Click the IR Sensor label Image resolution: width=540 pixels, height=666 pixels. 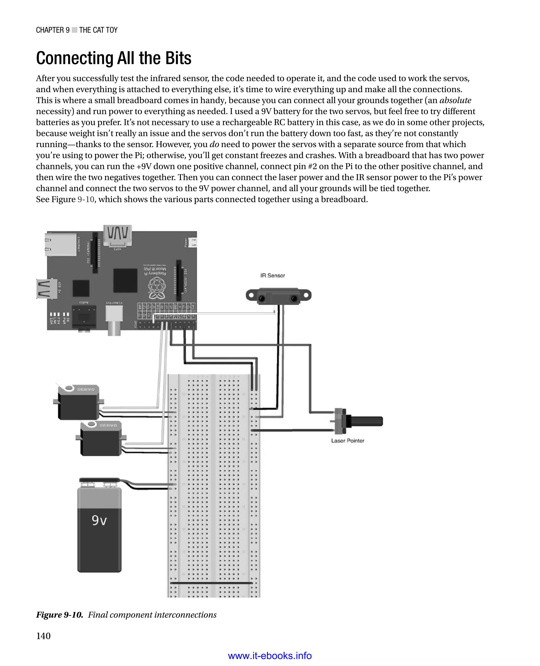[272, 276]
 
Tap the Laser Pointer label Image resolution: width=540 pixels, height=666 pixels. [348, 441]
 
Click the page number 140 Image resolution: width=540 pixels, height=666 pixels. [43, 636]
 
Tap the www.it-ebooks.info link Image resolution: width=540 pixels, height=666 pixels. [270, 656]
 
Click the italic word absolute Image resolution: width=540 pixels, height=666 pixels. [455, 100]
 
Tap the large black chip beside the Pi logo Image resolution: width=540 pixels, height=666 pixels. [125, 280]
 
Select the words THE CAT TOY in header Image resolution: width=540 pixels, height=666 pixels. [98, 30]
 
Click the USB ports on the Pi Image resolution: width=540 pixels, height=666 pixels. [47, 289]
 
